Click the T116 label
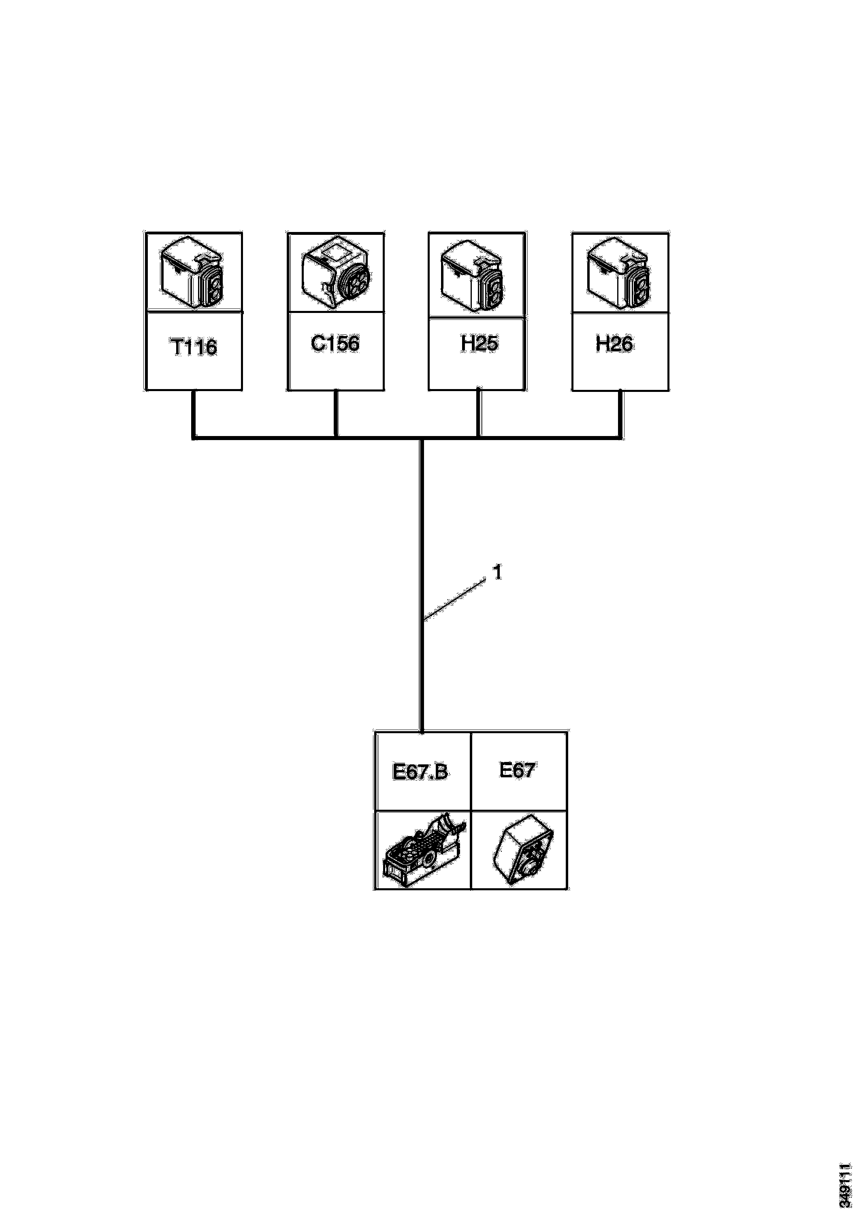pos(194,348)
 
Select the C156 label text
pos(335,343)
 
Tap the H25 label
pos(479,343)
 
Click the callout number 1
pos(497,572)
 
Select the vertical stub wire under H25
pos(479,413)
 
